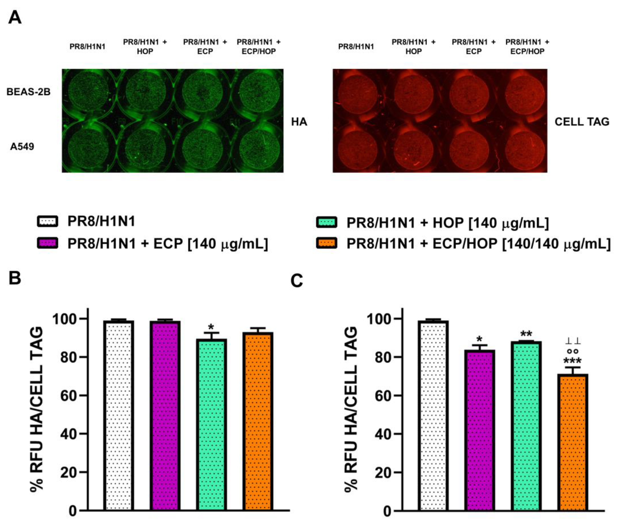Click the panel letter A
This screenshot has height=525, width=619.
coord(15,18)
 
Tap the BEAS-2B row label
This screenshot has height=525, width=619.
coord(28,92)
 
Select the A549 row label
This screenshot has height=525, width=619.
coord(22,147)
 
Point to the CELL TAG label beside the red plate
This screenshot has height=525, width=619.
coord(582,122)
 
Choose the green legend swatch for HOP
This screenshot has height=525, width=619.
coord(326,222)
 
